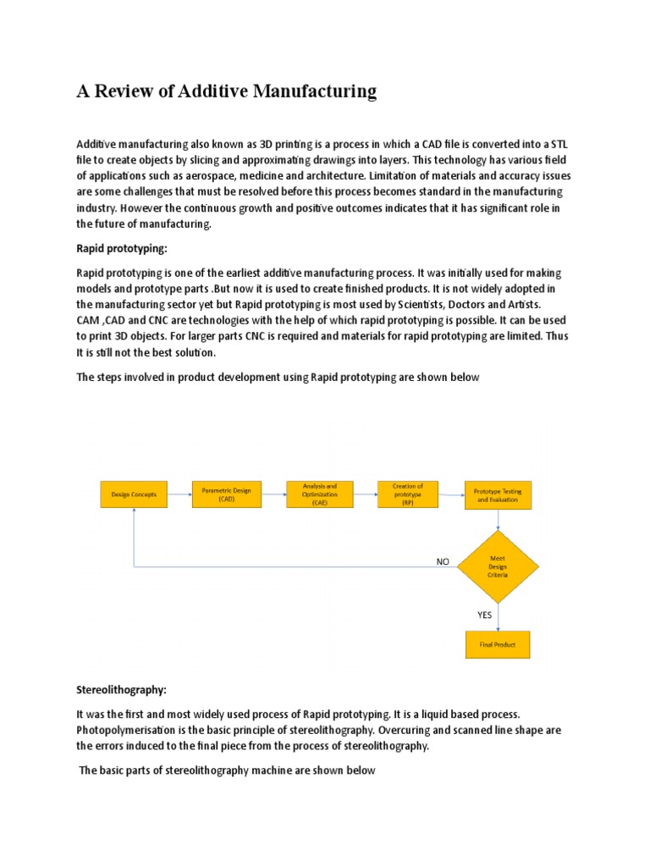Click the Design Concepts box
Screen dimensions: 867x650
click(134, 494)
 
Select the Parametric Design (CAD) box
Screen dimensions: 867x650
click(227, 494)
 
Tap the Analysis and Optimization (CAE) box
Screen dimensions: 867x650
click(319, 494)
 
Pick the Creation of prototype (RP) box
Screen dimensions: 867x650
click(407, 494)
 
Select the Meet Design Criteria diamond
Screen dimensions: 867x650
click(498, 566)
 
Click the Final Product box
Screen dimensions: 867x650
click(498, 644)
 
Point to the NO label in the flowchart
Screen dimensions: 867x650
click(443, 561)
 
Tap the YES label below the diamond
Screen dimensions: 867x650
click(483, 615)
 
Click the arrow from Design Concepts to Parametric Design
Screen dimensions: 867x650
click(180, 494)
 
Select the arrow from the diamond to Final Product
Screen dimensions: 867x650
click(499, 616)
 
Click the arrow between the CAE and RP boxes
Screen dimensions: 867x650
click(365, 494)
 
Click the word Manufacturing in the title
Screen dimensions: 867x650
click(310, 91)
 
